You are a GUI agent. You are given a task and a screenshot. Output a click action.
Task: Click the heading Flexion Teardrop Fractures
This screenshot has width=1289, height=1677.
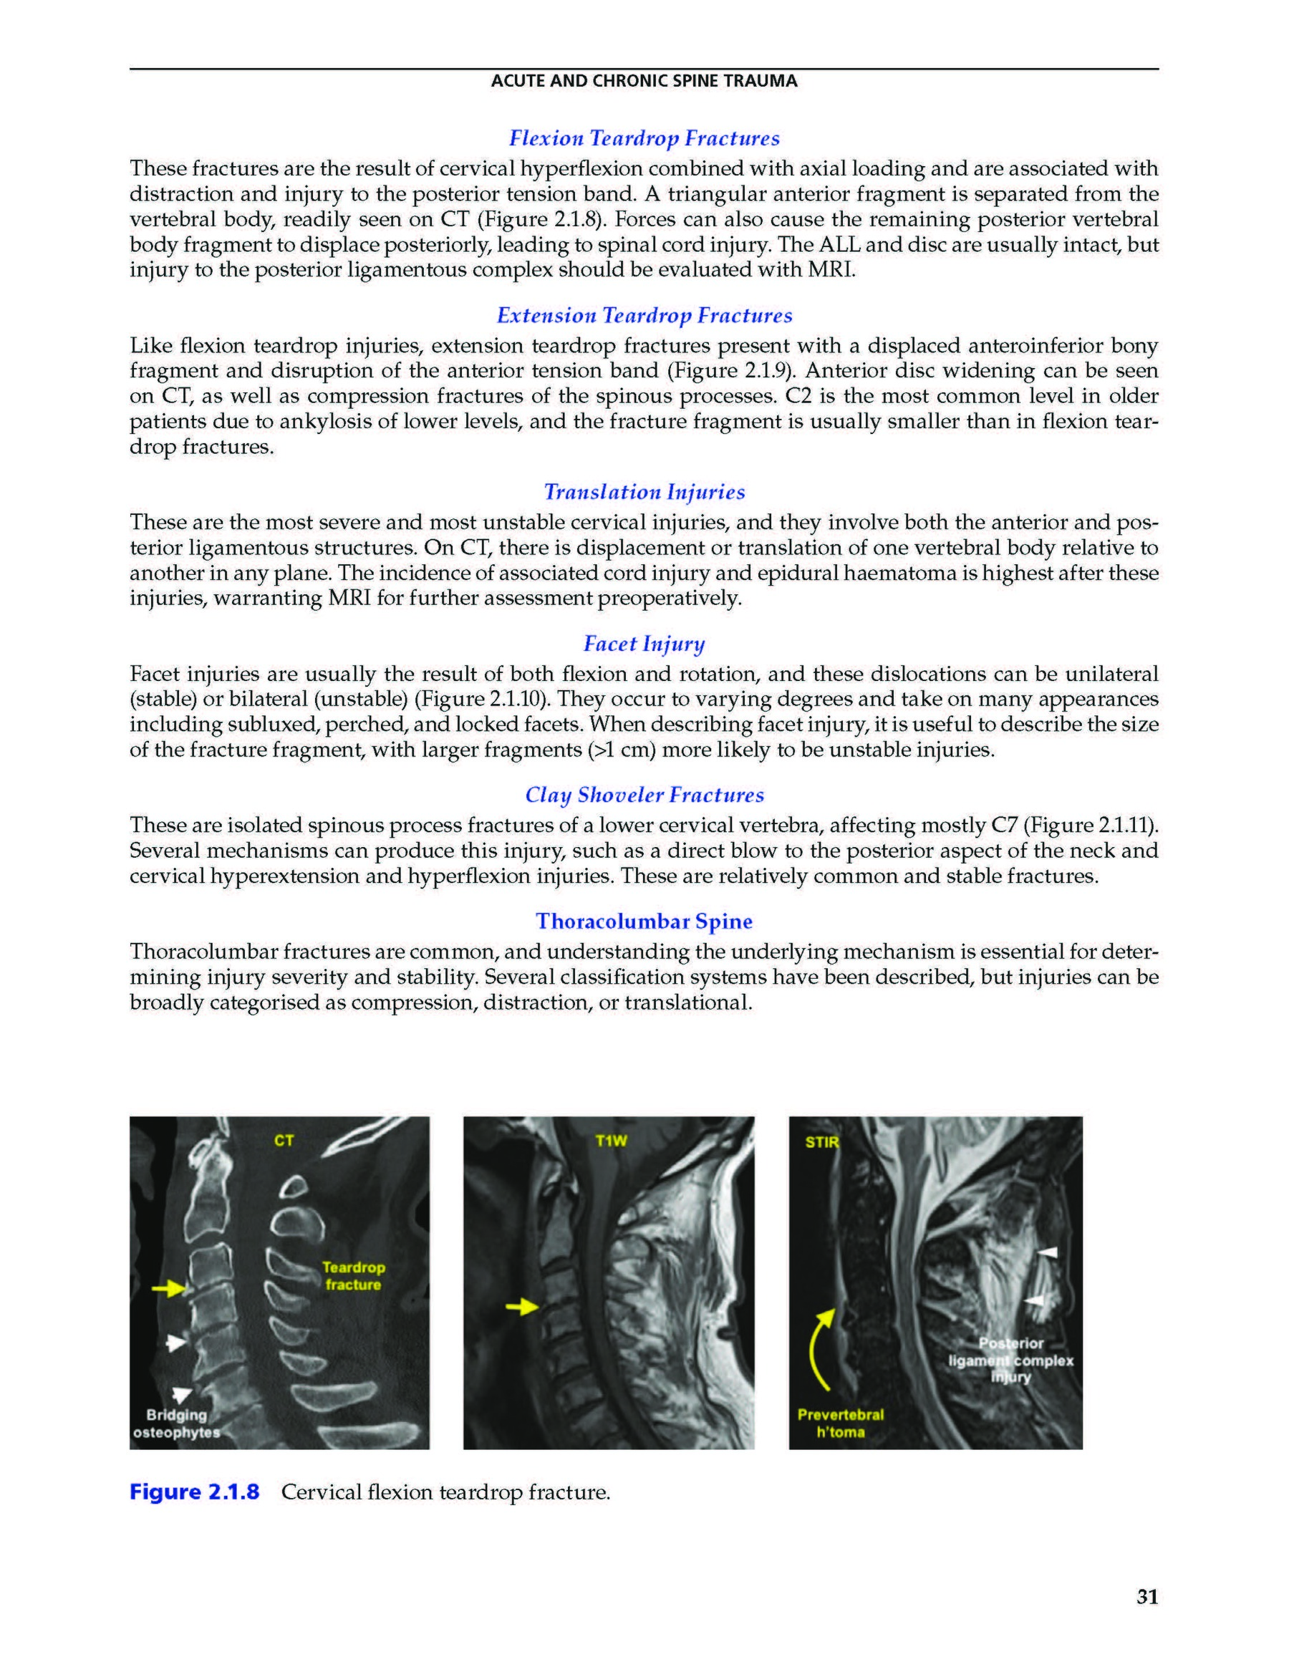(644, 139)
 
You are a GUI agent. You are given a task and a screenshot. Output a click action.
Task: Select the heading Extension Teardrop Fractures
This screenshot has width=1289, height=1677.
(644, 315)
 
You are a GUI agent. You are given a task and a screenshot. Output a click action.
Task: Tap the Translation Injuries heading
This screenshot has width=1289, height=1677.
(644, 492)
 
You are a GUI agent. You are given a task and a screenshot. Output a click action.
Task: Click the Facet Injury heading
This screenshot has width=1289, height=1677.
(644, 644)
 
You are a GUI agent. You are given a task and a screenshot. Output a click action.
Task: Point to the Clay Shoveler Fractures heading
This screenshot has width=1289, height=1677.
(644, 795)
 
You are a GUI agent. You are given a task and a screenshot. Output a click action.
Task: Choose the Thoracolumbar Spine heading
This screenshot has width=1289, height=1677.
(644, 922)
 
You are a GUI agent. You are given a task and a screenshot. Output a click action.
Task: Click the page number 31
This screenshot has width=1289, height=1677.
(1147, 1598)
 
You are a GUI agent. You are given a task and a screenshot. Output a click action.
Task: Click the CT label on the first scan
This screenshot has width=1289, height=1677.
(284, 1141)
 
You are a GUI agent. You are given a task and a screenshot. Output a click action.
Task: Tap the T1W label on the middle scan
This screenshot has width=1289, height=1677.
(612, 1141)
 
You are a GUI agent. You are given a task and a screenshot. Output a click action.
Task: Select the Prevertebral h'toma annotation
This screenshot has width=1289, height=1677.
(841, 1423)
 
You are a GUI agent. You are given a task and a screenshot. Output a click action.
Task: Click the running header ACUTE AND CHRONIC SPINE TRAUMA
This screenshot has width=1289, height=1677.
(644, 82)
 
